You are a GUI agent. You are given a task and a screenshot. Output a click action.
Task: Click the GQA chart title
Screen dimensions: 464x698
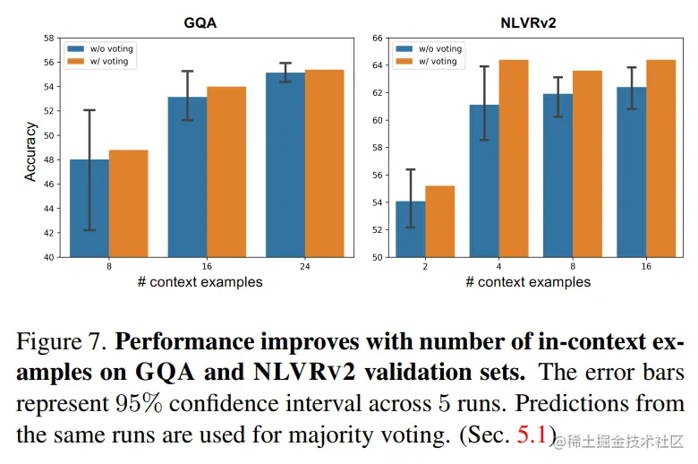pos(200,23)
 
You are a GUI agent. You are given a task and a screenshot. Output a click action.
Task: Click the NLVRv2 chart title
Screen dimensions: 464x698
pos(528,23)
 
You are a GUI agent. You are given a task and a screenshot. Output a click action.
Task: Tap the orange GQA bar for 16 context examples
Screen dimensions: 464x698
pos(226,171)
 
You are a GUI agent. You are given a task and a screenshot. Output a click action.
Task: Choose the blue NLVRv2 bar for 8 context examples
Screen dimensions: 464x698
pos(558,175)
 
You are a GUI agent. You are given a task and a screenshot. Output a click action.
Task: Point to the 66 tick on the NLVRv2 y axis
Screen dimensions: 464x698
pos(377,39)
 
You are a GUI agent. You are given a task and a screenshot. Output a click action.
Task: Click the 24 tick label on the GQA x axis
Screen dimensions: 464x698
pos(304,267)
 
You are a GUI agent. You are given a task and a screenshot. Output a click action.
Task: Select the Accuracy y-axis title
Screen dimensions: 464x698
pos(30,147)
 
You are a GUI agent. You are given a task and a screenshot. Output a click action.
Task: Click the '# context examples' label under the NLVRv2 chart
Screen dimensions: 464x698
pos(528,282)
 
